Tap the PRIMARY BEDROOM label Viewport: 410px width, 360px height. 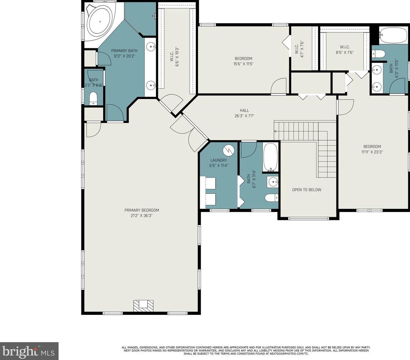tap(142, 210)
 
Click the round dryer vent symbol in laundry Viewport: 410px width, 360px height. tap(228, 150)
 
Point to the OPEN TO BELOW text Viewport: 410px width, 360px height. tap(307, 190)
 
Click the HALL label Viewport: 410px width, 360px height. tap(244, 111)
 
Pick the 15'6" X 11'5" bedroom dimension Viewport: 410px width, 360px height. tap(243, 64)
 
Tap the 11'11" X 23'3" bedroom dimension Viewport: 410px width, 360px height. tap(372, 152)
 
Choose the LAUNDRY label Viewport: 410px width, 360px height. tap(219, 160)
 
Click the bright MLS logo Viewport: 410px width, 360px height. tap(29, 351)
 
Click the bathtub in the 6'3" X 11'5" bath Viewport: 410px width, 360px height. tap(393, 36)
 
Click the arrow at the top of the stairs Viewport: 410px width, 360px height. tap(276, 131)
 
